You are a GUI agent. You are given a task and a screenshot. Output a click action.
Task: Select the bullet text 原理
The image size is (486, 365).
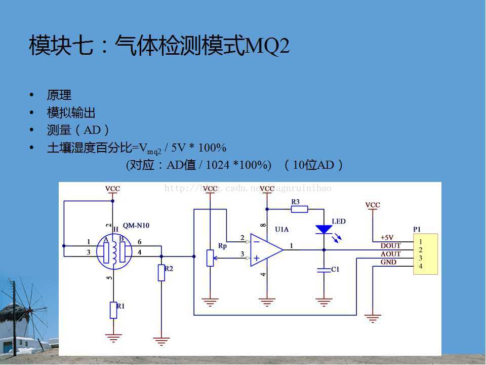59,95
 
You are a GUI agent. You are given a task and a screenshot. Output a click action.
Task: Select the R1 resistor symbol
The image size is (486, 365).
113,309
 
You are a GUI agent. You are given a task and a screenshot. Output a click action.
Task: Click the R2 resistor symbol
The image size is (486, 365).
161,273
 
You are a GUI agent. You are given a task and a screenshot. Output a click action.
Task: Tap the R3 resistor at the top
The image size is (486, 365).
299,209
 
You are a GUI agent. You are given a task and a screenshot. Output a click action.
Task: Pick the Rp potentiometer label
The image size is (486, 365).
222,245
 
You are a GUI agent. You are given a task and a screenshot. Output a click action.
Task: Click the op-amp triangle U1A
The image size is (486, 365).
266,249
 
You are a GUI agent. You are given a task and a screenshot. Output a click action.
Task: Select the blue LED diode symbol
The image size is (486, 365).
323,229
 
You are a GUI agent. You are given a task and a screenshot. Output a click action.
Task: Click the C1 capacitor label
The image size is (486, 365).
335,270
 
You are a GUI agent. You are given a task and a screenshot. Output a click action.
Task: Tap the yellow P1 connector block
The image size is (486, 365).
425,254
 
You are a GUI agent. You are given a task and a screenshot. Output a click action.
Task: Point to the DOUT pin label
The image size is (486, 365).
390,246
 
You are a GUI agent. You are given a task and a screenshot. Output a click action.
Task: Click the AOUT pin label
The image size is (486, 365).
390,254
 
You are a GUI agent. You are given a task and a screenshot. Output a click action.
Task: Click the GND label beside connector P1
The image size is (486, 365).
388,262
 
